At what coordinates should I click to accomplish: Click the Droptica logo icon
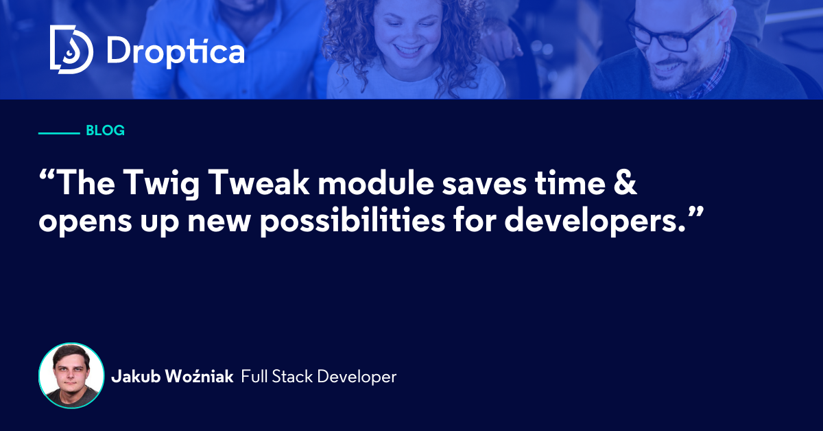click(x=71, y=49)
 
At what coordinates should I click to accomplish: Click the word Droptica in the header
click(x=176, y=51)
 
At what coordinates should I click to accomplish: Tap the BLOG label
click(x=105, y=130)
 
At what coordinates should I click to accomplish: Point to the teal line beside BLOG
click(x=59, y=133)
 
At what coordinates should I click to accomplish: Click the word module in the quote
click(x=376, y=182)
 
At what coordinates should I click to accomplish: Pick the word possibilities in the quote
click(x=353, y=221)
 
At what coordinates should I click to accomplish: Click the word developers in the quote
click(x=591, y=221)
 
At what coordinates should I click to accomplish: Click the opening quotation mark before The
click(x=47, y=176)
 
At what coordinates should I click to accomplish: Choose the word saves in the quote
click(x=484, y=185)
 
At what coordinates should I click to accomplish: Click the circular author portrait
click(x=71, y=375)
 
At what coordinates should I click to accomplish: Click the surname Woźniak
click(x=199, y=376)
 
